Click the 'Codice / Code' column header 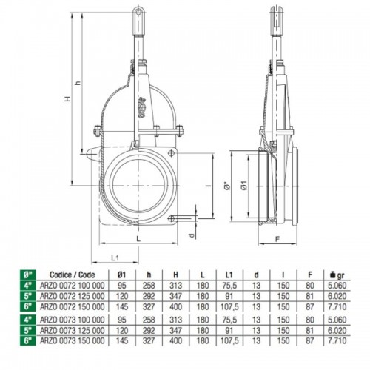[72, 275]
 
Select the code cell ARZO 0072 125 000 [72, 296]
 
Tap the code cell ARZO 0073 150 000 [72, 340]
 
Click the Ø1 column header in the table [122, 275]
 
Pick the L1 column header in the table [229, 275]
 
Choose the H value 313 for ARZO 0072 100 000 [175, 286]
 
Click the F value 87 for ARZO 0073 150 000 [310, 340]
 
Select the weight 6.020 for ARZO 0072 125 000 [337, 296]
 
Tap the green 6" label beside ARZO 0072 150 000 [28, 306]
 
